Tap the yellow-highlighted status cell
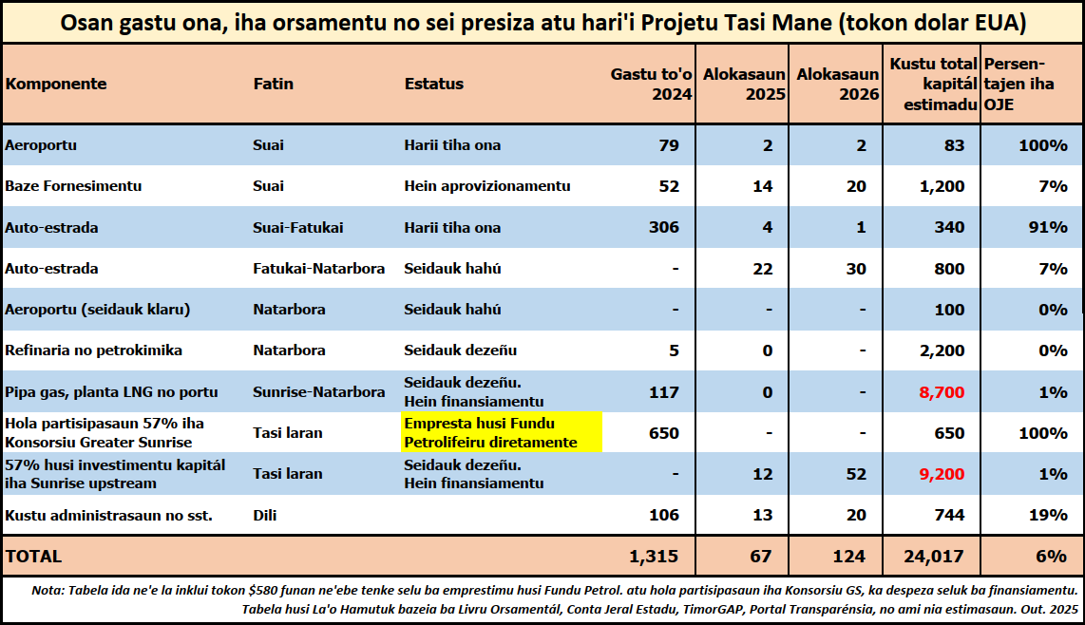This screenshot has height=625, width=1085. click(x=501, y=432)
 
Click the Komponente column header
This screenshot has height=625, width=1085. click(x=56, y=84)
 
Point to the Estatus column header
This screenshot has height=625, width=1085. click(x=433, y=84)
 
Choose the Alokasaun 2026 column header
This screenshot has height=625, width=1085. click(x=837, y=84)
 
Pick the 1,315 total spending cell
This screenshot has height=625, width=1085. click(x=655, y=557)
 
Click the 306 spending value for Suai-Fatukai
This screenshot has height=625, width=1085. click(x=663, y=227)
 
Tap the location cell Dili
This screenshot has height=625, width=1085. click(x=266, y=515)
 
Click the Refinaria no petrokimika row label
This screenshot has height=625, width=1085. click(x=93, y=350)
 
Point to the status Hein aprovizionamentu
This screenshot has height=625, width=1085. click(x=486, y=186)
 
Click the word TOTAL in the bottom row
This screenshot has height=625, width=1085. click(x=33, y=557)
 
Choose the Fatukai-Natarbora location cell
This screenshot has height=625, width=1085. click(x=318, y=269)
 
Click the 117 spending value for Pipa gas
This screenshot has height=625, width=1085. click(x=663, y=392)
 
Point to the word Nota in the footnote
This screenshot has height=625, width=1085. click(x=48, y=590)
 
